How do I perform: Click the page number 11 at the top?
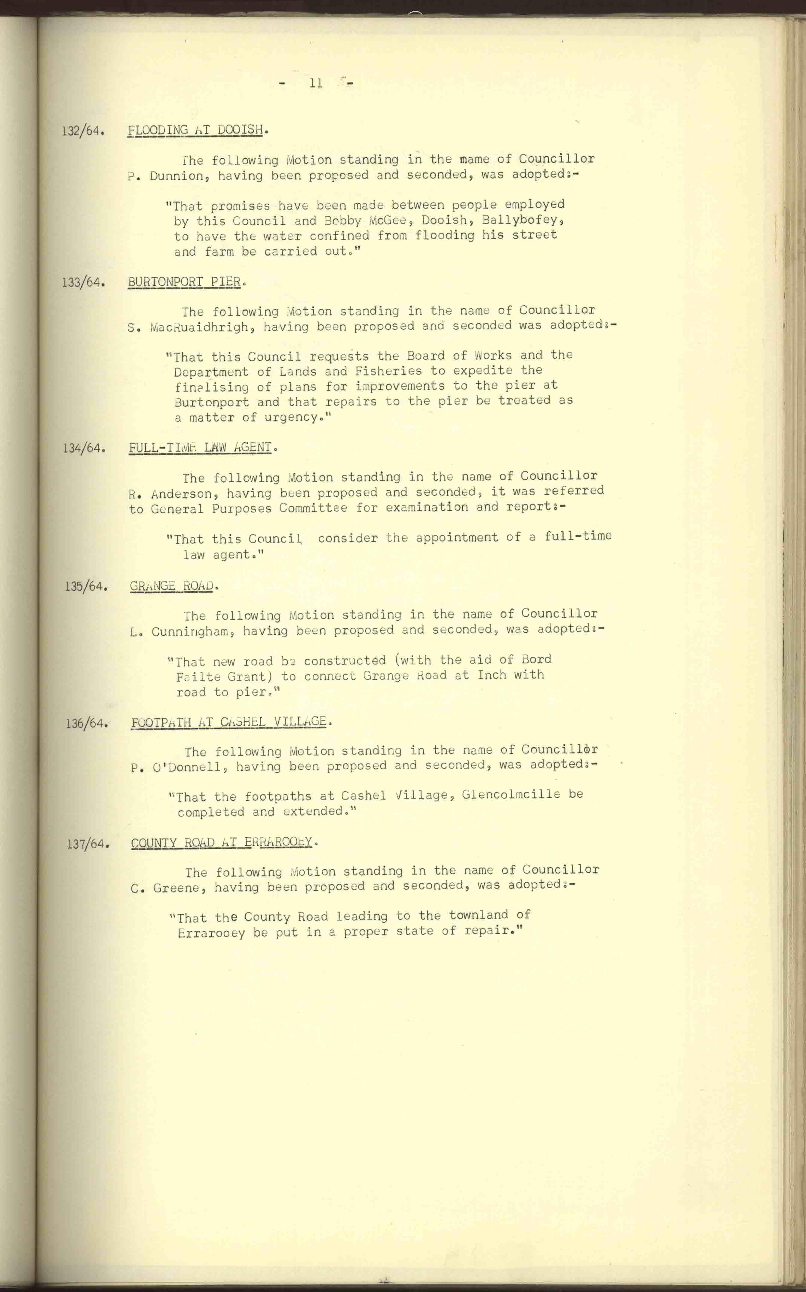pos(316,83)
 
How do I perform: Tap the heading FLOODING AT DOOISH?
pos(195,130)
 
